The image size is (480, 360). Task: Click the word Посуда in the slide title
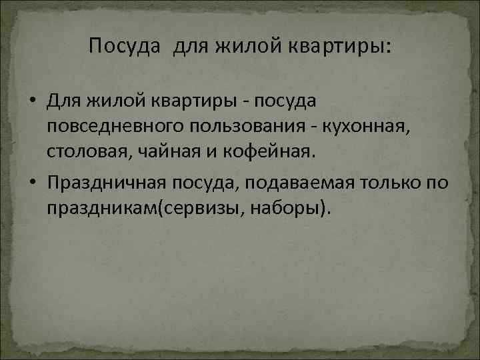(125, 47)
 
